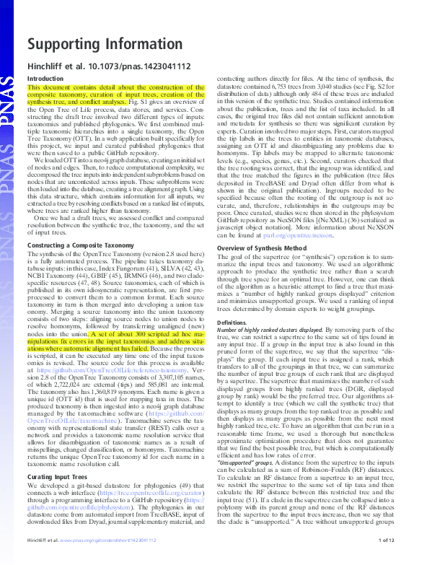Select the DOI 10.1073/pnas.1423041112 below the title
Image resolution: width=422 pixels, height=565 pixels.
click(x=144, y=65)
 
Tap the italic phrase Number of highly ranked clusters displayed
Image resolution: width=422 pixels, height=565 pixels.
click(x=273, y=330)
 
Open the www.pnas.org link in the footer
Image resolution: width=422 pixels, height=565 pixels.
click(x=87, y=559)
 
